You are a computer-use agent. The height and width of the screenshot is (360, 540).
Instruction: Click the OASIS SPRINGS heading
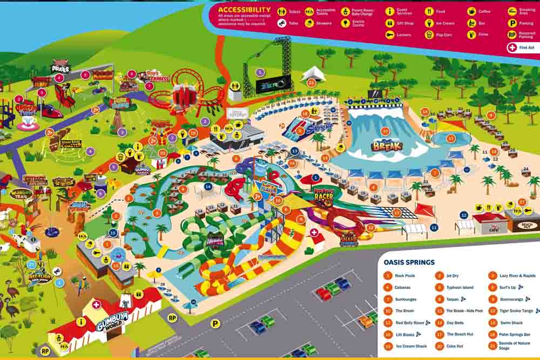[409, 262]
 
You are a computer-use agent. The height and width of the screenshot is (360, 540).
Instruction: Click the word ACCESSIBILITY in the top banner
[244, 10]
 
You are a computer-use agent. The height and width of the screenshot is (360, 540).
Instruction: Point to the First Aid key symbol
[512, 47]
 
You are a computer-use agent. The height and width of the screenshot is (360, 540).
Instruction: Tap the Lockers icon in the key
[389, 35]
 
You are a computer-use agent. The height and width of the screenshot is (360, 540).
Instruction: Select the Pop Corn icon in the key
[429, 35]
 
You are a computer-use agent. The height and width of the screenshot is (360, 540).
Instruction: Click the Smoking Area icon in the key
[512, 11]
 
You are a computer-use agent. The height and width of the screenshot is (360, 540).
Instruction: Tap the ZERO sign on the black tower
[273, 84]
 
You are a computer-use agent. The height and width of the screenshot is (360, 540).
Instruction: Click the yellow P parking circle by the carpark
[215, 323]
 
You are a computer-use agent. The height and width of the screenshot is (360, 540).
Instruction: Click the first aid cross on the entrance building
[96, 304]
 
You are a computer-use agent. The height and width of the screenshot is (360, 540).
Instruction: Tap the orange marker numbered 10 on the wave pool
[385, 131]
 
